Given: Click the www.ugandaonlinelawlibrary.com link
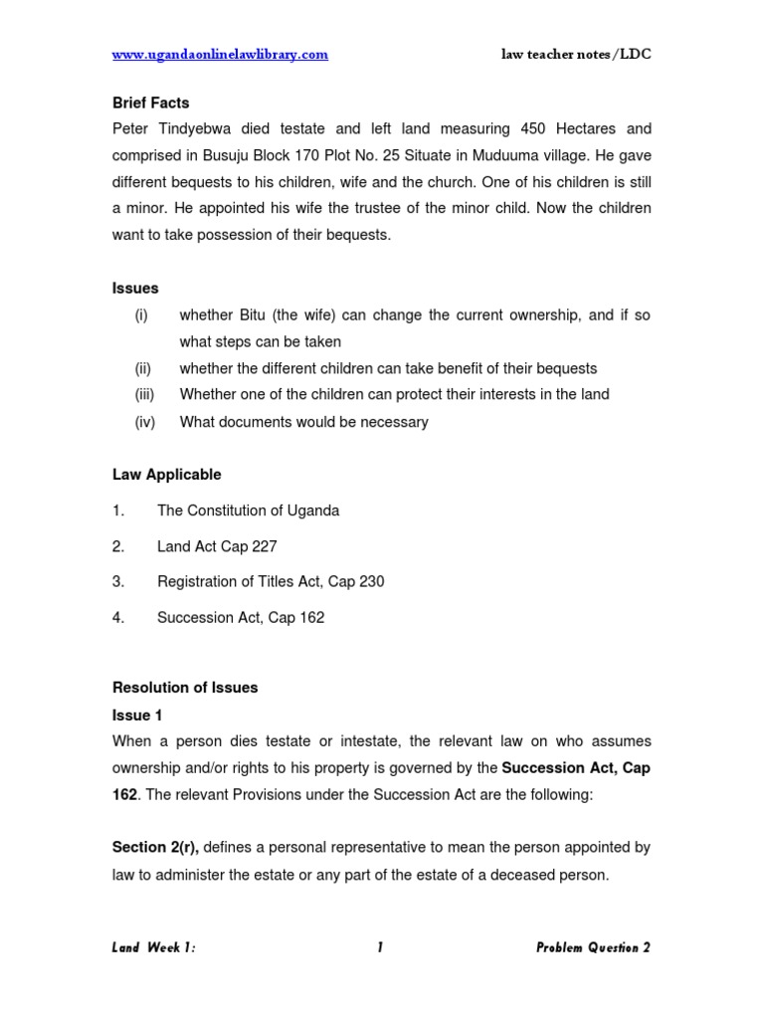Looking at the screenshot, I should pos(220,55).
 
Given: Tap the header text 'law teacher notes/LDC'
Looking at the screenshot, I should pos(576,55).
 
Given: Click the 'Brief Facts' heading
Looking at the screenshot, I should pos(150,102).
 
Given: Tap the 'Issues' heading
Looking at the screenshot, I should pos(135,289).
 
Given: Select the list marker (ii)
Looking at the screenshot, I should pos(143,368).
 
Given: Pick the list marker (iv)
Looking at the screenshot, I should pos(144,422).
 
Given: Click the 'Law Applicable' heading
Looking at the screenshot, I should pos(166,475).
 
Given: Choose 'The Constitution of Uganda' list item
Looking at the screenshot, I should pos(248,510).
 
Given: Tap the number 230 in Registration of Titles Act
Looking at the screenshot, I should pos(371,582).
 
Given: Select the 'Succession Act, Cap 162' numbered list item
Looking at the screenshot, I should pos(241,618).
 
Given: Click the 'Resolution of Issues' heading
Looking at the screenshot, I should pos(185,688).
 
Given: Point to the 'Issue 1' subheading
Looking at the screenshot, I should pos(137,715).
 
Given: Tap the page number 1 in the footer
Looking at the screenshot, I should pos(380,948).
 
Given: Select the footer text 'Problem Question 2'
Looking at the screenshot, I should pos(593,948).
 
